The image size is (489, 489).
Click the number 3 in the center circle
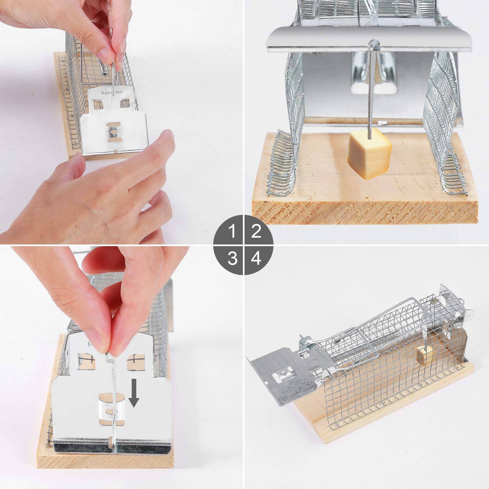click(232, 258)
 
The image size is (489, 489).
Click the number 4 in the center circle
click(256, 258)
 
